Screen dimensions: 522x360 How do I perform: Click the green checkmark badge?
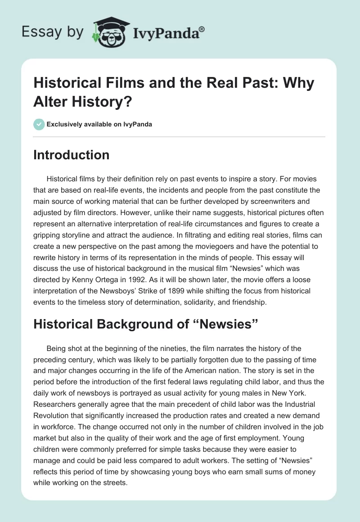pyautogui.click(x=39, y=124)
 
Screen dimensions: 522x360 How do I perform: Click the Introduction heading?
pyautogui.click(x=71, y=155)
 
